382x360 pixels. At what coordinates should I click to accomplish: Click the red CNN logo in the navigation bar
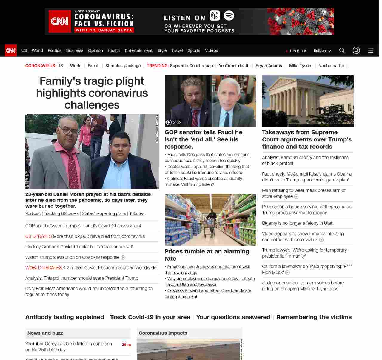[x=11, y=50]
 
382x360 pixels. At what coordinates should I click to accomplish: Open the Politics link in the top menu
[x=54, y=50]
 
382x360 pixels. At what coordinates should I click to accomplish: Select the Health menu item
[x=114, y=50]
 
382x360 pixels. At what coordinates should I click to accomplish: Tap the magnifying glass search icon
[x=342, y=50]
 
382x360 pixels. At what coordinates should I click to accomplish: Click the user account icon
[x=356, y=50]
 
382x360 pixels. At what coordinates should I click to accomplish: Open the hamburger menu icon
[x=371, y=50]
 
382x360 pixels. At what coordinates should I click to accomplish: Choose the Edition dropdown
[x=322, y=51]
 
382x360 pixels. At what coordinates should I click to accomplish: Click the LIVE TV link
[x=296, y=51]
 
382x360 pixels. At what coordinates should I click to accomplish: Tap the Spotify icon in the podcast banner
[x=229, y=16]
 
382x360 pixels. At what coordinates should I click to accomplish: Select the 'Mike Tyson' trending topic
[x=300, y=66]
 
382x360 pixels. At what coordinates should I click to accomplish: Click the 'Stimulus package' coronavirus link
[x=123, y=66]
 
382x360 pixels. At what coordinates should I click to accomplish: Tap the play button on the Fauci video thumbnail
[x=169, y=122]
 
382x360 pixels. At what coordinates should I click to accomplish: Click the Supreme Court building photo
[x=308, y=101]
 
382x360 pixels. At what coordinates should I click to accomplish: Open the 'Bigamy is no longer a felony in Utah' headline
[x=298, y=223]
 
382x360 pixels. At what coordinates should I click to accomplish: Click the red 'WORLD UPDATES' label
[x=44, y=268]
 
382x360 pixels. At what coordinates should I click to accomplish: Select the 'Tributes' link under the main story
[x=137, y=214]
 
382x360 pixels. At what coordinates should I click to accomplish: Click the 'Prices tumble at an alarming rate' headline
[x=207, y=255]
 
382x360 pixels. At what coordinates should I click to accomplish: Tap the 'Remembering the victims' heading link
[x=314, y=317]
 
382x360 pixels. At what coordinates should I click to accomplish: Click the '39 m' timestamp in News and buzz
[x=126, y=345]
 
